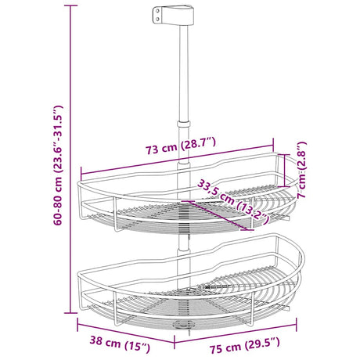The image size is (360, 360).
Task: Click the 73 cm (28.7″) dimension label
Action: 181,146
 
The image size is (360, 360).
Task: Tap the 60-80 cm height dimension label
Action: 58,165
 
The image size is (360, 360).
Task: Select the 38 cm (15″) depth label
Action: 120,344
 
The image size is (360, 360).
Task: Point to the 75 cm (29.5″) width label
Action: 244,345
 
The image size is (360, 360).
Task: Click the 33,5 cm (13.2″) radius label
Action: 233,202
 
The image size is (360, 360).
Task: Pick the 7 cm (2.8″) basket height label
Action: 302,170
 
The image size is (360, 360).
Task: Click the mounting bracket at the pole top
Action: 173,16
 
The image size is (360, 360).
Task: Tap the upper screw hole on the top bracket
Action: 157,11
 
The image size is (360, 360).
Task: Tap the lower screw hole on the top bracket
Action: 157,19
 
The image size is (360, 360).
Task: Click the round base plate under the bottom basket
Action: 184,325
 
